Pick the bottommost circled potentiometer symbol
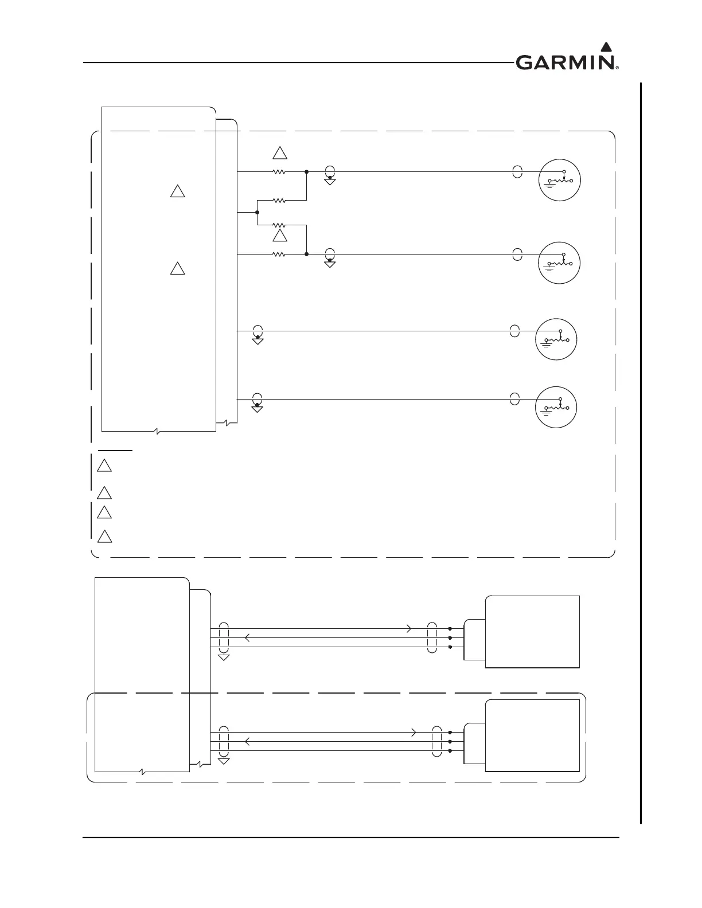pos(556,406)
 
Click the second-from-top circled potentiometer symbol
pos(560,263)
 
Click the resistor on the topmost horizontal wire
pos(279,171)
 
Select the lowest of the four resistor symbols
pos(279,254)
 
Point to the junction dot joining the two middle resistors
pos(257,213)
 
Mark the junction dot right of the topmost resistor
pos(307,171)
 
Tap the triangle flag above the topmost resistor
pos(279,153)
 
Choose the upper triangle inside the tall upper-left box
pos(177,191)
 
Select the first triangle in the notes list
pos(104,465)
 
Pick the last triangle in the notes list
pos(104,537)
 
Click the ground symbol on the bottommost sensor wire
pos(258,409)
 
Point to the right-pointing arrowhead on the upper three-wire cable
pos(409,629)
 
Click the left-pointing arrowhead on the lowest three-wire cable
pos(247,742)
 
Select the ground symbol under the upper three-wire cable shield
pos(224,657)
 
